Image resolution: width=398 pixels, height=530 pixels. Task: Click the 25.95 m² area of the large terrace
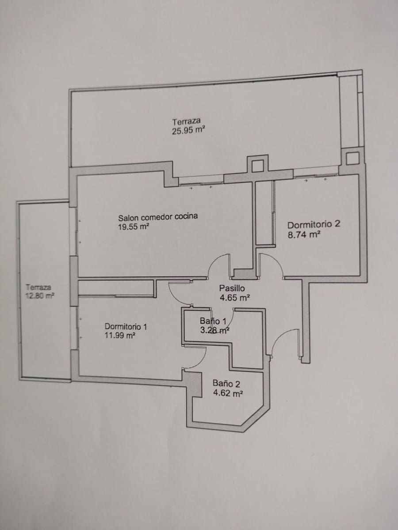pyautogui.click(x=188, y=131)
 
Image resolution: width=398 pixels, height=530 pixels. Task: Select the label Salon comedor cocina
pyautogui.click(x=158, y=217)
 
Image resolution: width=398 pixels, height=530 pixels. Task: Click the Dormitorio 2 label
pyautogui.click(x=314, y=224)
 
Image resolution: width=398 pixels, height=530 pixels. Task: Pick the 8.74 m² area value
pyautogui.click(x=304, y=235)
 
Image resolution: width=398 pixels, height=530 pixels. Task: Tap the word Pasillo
pyautogui.click(x=232, y=288)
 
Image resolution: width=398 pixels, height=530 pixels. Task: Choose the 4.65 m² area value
pyautogui.click(x=234, y=298)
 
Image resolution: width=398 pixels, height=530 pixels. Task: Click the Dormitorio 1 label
pyautogui.click(x=126, y=326)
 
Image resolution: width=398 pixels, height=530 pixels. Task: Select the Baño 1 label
pyautogui.click(x=213, y=321)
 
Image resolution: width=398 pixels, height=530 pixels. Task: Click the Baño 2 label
pyautogui.click(x=226, y=384)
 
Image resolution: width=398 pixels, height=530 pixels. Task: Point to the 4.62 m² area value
pyautogui.click(x=228, y=393)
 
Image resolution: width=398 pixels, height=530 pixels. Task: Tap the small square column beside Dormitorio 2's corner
pyautogui.click(x=352, y=158)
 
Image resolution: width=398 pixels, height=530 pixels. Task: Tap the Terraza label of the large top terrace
pyautogui.click(x=187, y=121)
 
